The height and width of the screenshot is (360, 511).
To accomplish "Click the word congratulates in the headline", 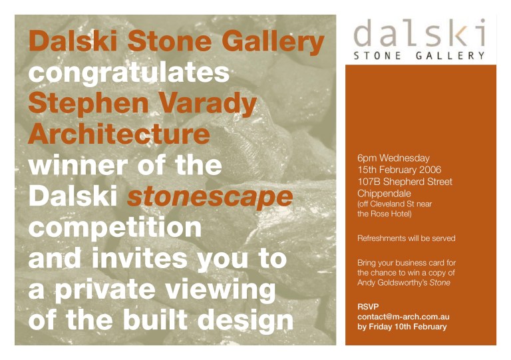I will point(129,73).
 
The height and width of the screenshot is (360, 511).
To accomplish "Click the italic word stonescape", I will point(210,195).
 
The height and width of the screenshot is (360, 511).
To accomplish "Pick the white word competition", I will point(114,226).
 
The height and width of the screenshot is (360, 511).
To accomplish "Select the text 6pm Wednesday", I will point(393,158).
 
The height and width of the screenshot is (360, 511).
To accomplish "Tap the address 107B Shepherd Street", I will point(405,182).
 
